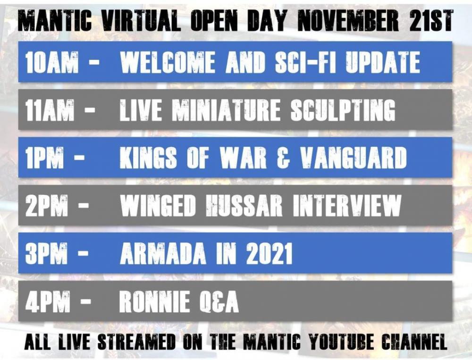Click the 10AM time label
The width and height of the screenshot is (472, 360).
[52, 62]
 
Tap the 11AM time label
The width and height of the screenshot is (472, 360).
[50, 110]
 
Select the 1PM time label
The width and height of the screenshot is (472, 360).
[44, 158]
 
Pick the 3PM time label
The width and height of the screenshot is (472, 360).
[46, 253]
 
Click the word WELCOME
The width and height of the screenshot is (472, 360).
[168, 62]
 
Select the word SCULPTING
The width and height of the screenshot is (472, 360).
[343, 110]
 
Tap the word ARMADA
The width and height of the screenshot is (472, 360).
[163, 253]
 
